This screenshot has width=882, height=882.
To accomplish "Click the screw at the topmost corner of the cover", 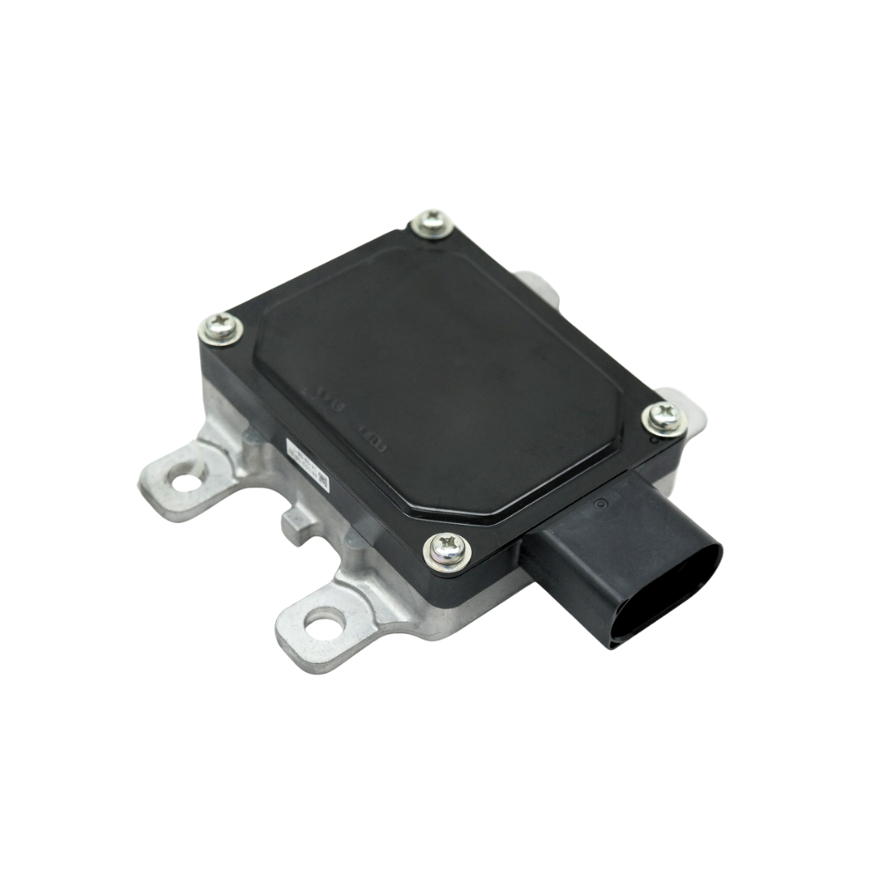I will (x=433, y=223).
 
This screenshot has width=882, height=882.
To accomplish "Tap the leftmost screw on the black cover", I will (x=221, y=330).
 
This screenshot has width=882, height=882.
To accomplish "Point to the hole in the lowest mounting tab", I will (x=325, y=625).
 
